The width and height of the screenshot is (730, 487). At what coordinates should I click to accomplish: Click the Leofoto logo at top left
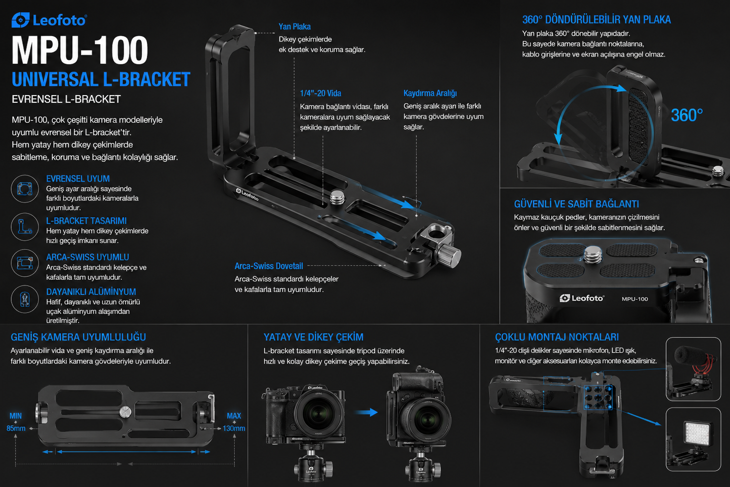click(x=49, y=20)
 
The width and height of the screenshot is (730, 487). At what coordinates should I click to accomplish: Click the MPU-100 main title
click(x=80, y=50)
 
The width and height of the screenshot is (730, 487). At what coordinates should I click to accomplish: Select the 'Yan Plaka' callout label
click(x=294, y=27)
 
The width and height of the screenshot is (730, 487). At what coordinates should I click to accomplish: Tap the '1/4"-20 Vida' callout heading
click(x=321, y=93)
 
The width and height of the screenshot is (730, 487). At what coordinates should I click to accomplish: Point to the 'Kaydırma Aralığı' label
click(x=430, y=93)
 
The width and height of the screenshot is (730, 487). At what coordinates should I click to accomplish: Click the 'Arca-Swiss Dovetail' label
click(x=269, y=266)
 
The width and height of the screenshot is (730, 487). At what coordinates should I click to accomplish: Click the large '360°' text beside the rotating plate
click(x=687, y=115)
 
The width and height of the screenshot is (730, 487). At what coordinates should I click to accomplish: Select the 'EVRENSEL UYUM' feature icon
click(x=25, y=189)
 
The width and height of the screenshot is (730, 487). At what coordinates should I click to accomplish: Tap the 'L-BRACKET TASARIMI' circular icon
click(x=25, y=227)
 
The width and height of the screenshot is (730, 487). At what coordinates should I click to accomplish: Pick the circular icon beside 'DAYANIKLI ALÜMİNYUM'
click(x=25, y=299)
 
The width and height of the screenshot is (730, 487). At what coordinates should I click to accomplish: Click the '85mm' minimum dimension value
click(x=16, y=429)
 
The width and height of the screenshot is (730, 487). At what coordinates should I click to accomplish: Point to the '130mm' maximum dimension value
click(x=234, y=429)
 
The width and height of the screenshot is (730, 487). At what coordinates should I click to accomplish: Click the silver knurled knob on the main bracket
click(x=449, y=254)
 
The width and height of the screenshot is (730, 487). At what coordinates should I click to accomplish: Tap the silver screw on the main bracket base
click(x=338, y=197)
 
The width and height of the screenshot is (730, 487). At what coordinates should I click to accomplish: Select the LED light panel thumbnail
click(x=693, y=439)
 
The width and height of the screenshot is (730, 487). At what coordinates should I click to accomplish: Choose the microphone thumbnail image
click(x=693, y=369)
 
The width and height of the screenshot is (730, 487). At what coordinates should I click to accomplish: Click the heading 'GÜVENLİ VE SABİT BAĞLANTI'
click(x=576, y=204)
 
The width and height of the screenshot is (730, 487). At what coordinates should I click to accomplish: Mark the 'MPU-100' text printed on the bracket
click(x=635, y=299)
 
